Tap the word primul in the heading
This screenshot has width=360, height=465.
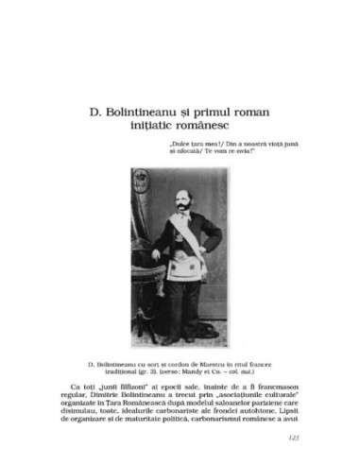[214, 108]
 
